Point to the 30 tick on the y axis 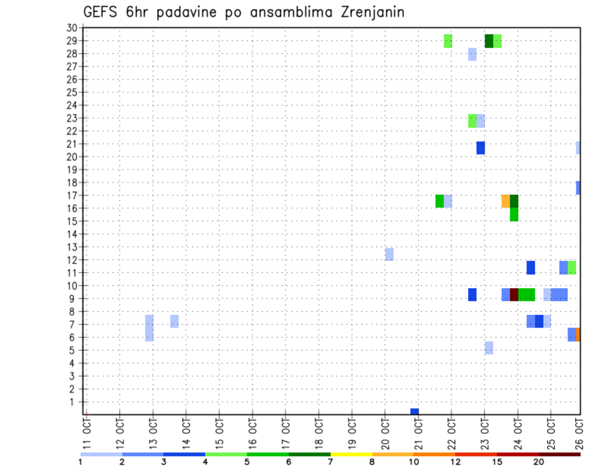[72, 28]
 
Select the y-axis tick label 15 [72, 221]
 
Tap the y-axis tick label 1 [73, 402]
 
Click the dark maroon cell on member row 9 [514, 295]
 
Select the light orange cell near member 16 [505, 201]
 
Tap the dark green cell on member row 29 [489, 41]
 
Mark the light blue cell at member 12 [389, 254]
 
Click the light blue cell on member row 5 [489, 348]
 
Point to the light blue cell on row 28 [472, 54]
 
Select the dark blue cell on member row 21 [481, 148]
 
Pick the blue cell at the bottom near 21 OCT [414, 412]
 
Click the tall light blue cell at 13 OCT [149, 327]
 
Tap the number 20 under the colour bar [539, 462]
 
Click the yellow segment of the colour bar [351, 454]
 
